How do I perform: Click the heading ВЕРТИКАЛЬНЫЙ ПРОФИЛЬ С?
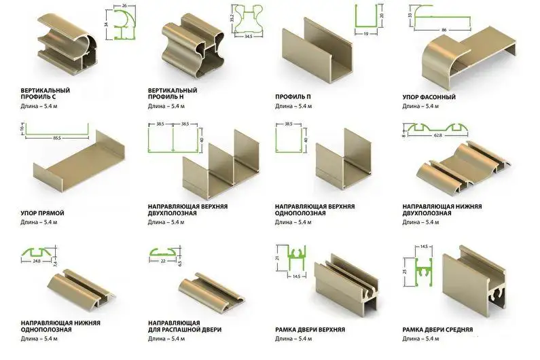(x=45, y=93)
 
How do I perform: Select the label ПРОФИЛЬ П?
(x=293, y=97)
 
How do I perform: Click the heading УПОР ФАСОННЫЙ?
(x=429, y=97)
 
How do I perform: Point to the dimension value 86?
(x=444, y=30)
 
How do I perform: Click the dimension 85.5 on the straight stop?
(x=57, y=138)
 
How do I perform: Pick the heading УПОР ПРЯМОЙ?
(x=42, y=213)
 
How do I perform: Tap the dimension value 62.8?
(x=437, y=135)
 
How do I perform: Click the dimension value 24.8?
(x=37, y=261)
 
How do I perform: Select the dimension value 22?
(x=163, y=261)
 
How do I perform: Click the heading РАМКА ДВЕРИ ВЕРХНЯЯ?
(x=310, y=329)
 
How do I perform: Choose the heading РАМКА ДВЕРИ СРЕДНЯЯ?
(x=437, y=329)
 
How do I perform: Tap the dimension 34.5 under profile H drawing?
(x=248, y=36)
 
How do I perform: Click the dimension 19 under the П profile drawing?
(x=365, y=34)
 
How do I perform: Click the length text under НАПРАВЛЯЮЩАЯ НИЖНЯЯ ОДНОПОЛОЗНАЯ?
(x=39, y=339)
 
